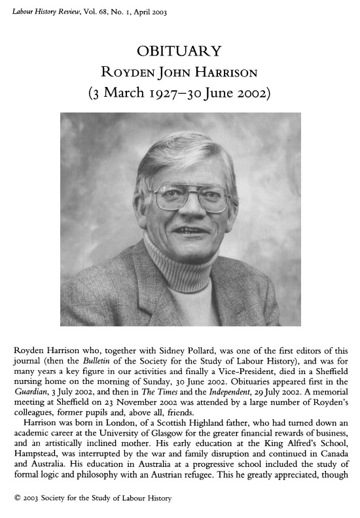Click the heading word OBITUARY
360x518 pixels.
coord(179,51)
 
